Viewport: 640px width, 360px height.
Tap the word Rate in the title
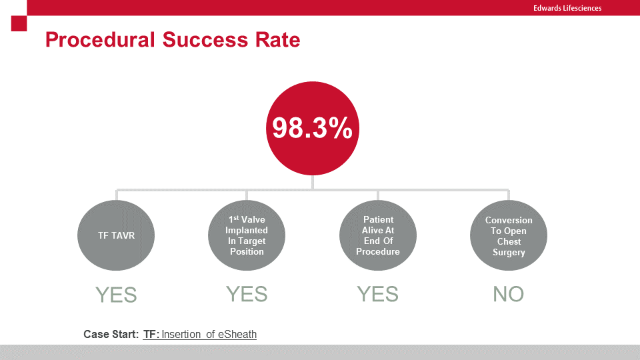tap(277, 40)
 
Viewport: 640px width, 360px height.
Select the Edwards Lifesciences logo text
tap(567, 8)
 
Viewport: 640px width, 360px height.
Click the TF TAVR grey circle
tap(117, 235)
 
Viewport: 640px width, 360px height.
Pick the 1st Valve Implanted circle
tap(247, 235)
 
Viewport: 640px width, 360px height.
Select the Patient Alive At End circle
tap(378, 235)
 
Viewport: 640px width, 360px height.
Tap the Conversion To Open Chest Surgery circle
tap(509, 236)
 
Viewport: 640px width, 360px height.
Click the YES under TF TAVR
tap(116, 295)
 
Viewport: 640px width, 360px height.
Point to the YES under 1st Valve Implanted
tap(247, 293)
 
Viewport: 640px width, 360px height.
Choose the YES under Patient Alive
tap(378, 293)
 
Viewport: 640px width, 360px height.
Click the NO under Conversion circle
tap(509, 294)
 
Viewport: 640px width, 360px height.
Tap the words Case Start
tap(111, 334)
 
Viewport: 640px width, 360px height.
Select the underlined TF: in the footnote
tap(151, 334)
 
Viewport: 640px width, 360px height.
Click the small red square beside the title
tap(19, 23)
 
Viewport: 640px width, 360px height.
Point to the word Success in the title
tap(203, 40)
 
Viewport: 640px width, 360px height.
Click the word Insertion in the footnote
tap(181, 334)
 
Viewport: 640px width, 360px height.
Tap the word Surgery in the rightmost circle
tap(509, 252)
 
